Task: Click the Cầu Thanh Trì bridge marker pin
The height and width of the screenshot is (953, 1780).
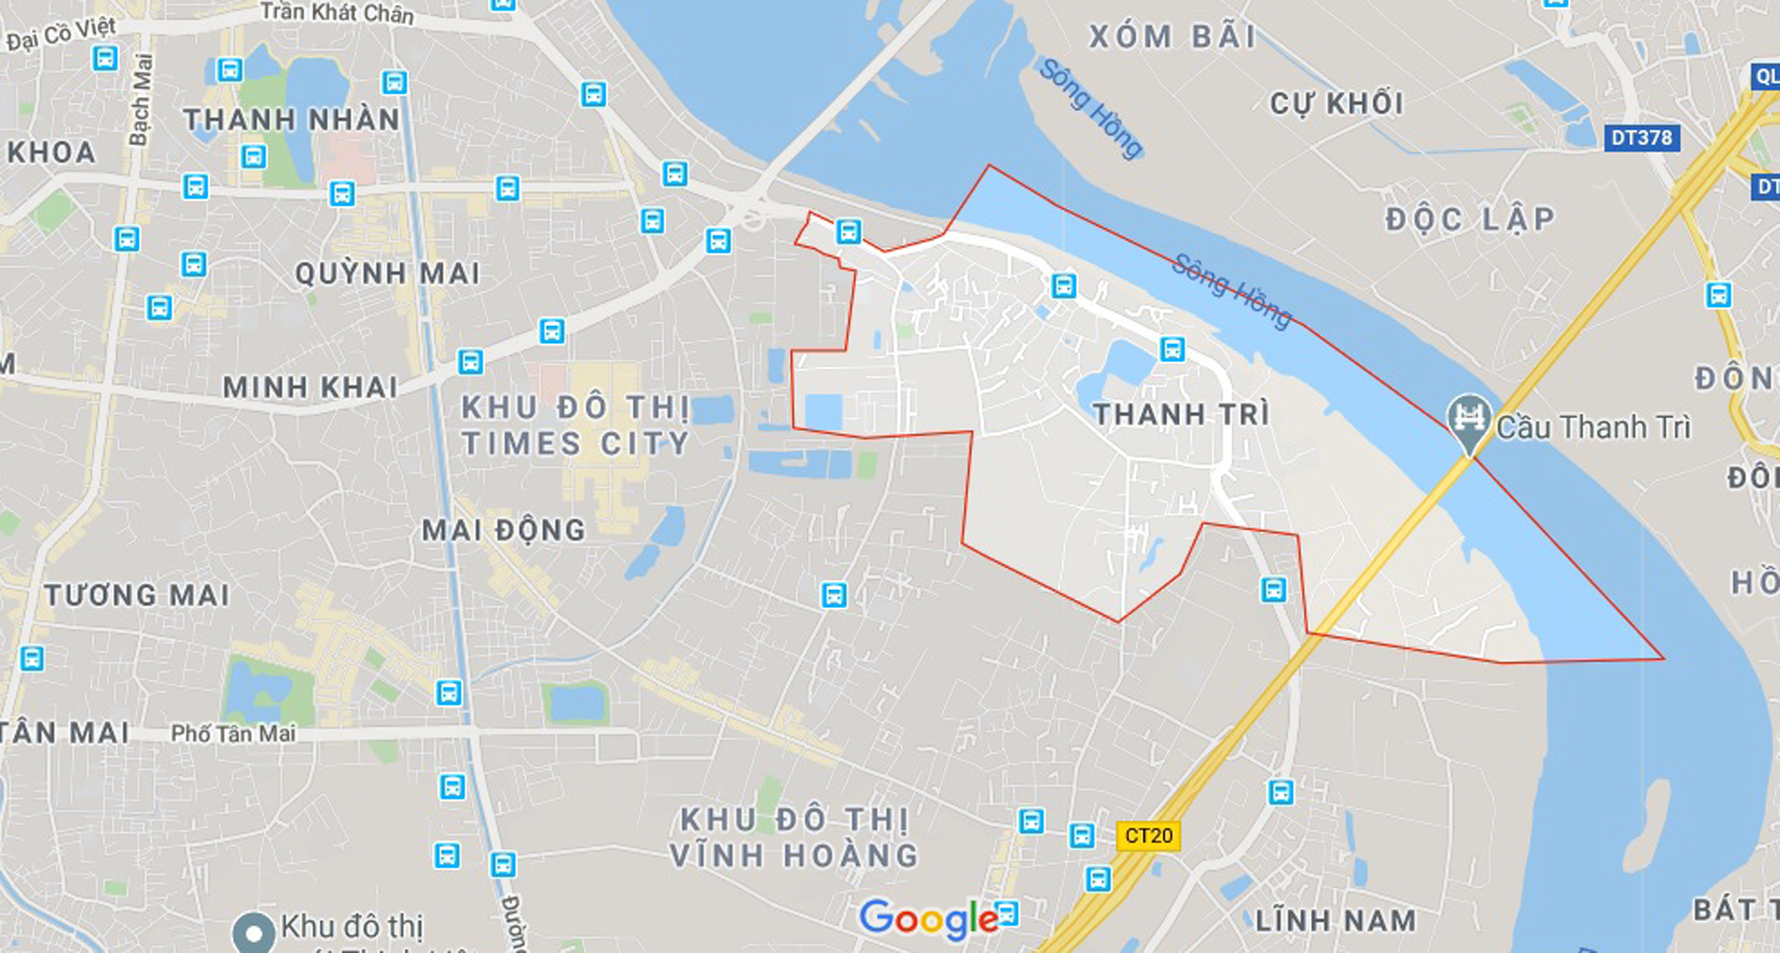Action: (1468, 420)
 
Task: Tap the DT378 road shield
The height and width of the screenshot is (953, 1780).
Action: (1642, 138)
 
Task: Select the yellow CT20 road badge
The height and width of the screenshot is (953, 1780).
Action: (1148, 836)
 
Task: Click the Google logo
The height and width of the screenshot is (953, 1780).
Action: (928, 918)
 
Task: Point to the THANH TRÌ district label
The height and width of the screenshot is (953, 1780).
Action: (1181, 414)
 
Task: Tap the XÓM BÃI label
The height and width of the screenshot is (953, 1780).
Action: (1172, 37)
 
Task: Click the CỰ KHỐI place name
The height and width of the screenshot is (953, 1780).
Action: (1336, 103)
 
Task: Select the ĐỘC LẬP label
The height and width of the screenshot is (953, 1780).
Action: (1470, 219)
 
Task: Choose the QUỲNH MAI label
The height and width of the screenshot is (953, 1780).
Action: (387, 273)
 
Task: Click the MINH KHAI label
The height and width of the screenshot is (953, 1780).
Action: (310, 387)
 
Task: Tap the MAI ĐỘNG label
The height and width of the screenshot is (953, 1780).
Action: (504, 530)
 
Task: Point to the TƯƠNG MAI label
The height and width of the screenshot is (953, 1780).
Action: (137, 594)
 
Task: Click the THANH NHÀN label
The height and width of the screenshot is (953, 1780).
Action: (291, 119)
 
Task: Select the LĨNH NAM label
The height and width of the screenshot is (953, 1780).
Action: (1335, 920)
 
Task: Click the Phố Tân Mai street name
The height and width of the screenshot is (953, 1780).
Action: (233, 733)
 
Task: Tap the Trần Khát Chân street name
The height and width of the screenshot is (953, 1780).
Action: (336, 12)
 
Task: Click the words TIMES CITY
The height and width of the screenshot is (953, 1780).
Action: (576, 443)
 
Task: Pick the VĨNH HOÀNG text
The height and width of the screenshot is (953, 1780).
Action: (794, 855)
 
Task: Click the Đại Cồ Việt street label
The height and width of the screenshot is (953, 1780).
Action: (61, 34)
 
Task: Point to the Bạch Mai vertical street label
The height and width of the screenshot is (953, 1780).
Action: (141, 99)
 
